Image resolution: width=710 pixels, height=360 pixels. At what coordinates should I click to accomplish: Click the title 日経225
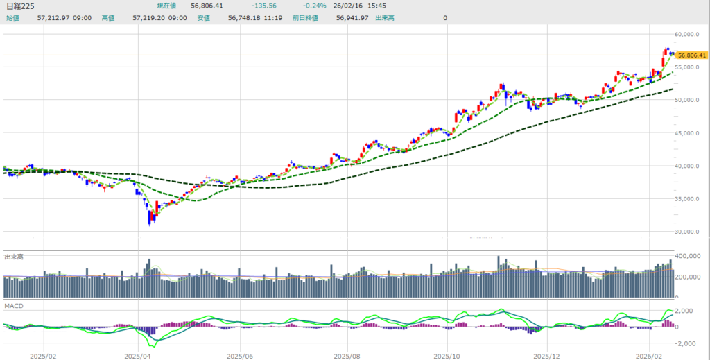(20, 6)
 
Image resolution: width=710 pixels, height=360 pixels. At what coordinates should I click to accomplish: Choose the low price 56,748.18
(245, 17)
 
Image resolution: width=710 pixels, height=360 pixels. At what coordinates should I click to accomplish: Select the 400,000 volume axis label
(690, 257)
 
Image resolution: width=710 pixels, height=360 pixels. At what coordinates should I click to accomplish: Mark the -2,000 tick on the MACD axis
(687, 343)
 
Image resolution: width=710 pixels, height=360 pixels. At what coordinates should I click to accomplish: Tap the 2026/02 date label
(650, 354)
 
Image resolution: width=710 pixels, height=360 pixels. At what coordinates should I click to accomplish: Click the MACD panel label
(14, 305)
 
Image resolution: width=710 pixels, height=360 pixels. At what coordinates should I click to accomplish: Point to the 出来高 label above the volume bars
(15, 256)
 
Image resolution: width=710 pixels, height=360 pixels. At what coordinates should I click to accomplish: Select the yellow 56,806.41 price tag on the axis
(691, 55)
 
